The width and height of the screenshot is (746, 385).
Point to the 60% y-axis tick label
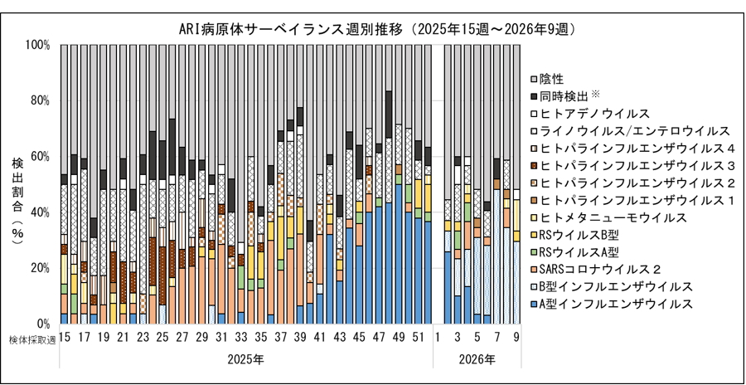40,156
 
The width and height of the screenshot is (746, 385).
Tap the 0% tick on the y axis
43,323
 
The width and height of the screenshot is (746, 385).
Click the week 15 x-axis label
64,338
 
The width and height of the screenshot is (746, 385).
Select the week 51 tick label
419,338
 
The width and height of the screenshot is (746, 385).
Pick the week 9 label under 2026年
516,338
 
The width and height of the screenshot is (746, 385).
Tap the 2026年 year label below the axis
477,361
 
